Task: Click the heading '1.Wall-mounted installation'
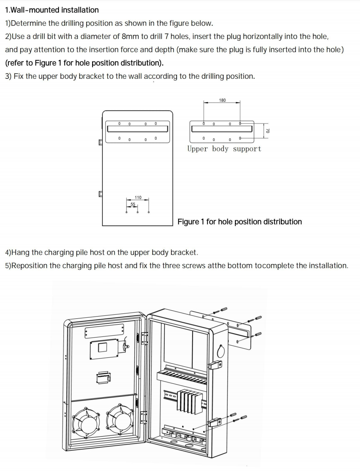(52, 10)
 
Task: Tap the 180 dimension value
(222, 100)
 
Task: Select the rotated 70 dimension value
(268, 130)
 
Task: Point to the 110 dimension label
(138, 197)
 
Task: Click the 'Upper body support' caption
(224, 149)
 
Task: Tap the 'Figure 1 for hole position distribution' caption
(240, 222)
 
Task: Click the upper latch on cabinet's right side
(216, 365)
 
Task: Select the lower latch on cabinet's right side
(214, 422)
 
